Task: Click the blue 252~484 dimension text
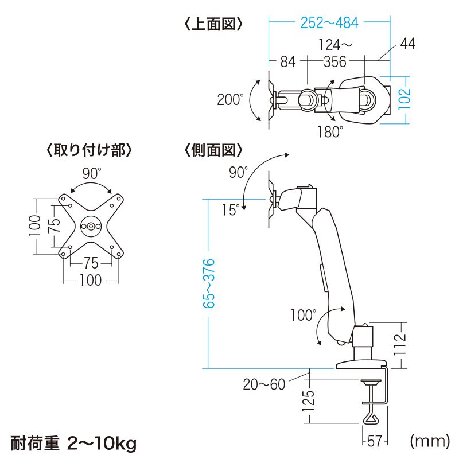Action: click(x=329, y=23)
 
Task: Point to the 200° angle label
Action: click(x=230, y=99)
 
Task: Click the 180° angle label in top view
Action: click(x=330, y=131)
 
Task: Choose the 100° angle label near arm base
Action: click(x=302, y=315)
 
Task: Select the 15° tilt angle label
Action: click(x=230, y=210)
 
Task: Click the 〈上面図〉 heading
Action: click(x=214, y=24)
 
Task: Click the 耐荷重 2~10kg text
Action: click(x=74, y=442)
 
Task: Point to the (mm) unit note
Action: click(x=429, y=441)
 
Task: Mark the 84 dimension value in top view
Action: click(x=287, y=62)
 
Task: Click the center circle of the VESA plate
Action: click(x=91, y=225)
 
